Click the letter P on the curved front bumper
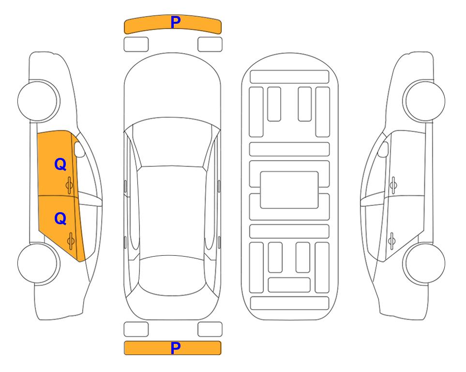click(x=176, y=22)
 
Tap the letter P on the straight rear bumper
click(x=176, y=348)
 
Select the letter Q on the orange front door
click(x=60, y=164)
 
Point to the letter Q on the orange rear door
click(x=60, y=219)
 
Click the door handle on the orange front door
click(x=70, y=185)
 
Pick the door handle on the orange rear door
click(x=71, y=240)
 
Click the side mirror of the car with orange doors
click(x=79, y=149)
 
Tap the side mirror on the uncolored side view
click(x=383, y=149)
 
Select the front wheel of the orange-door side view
click(x=38, y=101)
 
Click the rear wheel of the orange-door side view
click(x=38, y=263)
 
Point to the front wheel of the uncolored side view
click(x=424, y=101)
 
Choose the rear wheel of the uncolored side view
click(x=424, y=263)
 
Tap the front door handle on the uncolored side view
click(x=393, y=185)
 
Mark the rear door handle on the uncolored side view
click(x=391, y=240)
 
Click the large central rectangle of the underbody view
click(x=289, y=190)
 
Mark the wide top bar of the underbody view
click(x=289, y=77)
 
